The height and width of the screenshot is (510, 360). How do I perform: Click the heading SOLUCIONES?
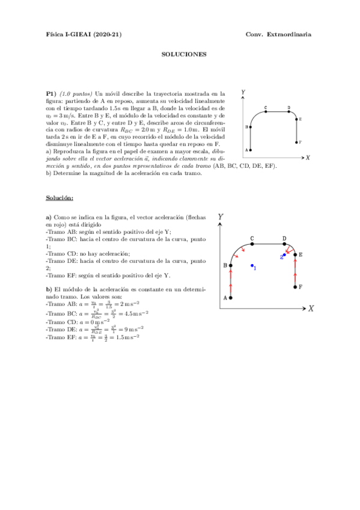(184, 54)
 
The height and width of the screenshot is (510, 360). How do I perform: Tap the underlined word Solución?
(59, 198)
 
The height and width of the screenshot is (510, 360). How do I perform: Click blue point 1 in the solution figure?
(252, 266)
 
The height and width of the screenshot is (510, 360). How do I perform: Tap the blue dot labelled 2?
(284, 255)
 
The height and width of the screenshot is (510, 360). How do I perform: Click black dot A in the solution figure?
(231, 298)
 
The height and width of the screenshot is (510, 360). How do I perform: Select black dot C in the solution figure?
(252, 244)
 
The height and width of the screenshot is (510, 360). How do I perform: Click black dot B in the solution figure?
(231, 265)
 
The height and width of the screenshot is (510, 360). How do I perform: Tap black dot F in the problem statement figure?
(298, 142)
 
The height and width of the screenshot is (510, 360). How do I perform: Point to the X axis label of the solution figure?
(311, 309)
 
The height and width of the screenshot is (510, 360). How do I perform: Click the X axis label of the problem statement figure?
(307, 158)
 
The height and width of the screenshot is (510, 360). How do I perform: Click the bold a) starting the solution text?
(49, 217)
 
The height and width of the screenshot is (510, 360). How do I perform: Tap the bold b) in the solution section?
(49, 289)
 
